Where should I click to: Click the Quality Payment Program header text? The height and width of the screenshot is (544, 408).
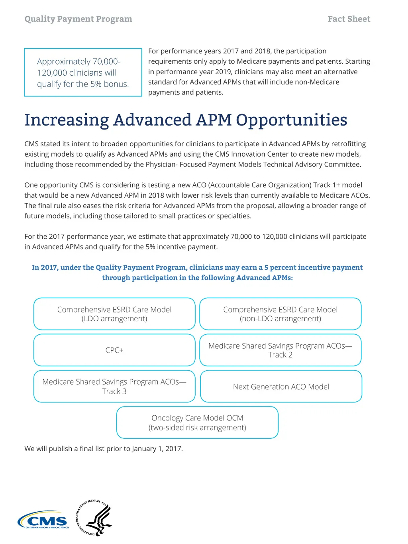pyautogui.click(x=78, y=19)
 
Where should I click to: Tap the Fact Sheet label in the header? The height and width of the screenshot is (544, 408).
pyautogui.click(x=349, y=19)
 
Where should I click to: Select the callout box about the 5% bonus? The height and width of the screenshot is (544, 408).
pyautogui.click(x=83, y=73)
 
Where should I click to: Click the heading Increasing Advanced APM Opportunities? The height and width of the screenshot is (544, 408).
pyautogui.click(x=186, y=120)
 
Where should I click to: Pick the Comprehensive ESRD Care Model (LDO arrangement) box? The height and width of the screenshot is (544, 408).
pyautogui.click(x=114, y=314)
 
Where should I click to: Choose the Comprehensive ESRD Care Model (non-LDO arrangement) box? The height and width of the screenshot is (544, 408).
pyautogui.click(x=280, y=314)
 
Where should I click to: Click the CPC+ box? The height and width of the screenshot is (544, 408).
pyautogui.click(x=114, y=350)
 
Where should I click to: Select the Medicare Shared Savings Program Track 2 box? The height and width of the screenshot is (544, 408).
pyautogui.click(x=280, y=350)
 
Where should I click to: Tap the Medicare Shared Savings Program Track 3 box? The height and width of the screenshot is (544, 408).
pyautogui.click(x=114, y=387)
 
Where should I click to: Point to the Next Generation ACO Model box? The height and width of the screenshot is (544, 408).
pyautogui.click(x=281, y=387)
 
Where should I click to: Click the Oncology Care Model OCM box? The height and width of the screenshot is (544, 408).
pyautogui.click(x=197, y=423)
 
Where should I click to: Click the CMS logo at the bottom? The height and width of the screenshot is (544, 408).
pyautogui.click(x=43, y=520)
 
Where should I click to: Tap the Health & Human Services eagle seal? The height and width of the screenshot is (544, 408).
pyautogui.click(x=95, y=518)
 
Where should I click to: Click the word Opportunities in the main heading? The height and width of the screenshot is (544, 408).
pyautogui.click(x=291, y=120)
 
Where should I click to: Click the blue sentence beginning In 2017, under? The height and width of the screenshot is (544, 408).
pyautogui.click(x=197, y=273)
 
